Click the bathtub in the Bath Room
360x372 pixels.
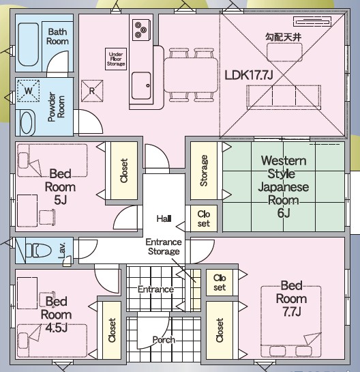28,44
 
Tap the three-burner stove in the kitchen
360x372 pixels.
141,30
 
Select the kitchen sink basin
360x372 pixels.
141,85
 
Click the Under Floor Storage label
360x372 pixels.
116,59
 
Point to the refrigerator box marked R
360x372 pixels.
92,91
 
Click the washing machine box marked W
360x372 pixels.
29,91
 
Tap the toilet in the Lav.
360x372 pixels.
38,251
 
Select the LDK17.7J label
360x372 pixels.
249,75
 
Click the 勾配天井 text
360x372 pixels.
284,38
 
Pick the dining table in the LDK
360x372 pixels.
191,75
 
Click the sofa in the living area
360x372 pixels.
284,98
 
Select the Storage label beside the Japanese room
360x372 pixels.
204,171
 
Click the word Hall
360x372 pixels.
164,218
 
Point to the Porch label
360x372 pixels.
164,340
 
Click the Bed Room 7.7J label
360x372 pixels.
291,298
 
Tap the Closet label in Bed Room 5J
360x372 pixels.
124,171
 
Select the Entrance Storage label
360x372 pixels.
164,246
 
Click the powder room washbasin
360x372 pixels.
27,123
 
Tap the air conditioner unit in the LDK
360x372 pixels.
312,22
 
